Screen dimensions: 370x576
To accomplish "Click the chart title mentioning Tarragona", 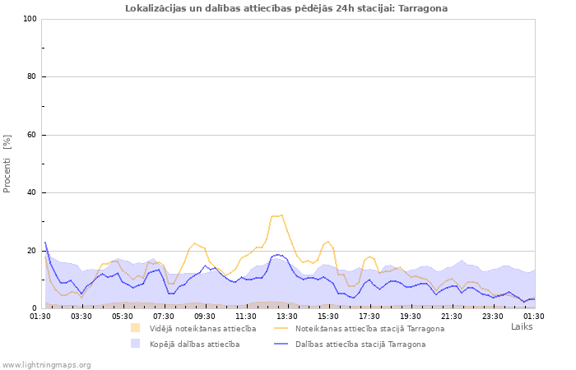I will click(x=286, y=8).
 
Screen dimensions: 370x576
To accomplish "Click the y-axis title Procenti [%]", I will click(x=7, y=164).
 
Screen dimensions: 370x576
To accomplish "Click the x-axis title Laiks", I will click(x=522, y=326).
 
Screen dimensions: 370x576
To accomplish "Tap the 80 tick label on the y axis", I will click(x=31, y=77).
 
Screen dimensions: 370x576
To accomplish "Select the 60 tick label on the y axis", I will click(x=31, y=135).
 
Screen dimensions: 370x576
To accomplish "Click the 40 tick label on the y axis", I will click(x=31, y=193).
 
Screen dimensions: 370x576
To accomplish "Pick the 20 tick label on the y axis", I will click(x=31, y=251).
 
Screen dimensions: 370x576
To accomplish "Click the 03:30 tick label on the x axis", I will click(x=81, y=316).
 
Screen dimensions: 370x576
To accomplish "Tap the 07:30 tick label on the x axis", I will click(x=164, y=316).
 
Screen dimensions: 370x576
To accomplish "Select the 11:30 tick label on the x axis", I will click(x=246, y=316).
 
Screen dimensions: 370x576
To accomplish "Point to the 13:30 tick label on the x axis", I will click(x=287, y=316).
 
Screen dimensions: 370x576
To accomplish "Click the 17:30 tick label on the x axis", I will click(x=369, y=316).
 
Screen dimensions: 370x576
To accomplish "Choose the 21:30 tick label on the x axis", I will click(x=452, y=316).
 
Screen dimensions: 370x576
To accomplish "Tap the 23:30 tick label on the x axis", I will click(x=493, y=316).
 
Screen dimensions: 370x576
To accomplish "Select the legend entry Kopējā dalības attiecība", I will click(x=194, y=344).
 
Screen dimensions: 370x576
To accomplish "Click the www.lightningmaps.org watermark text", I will click(x=46, y=364).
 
